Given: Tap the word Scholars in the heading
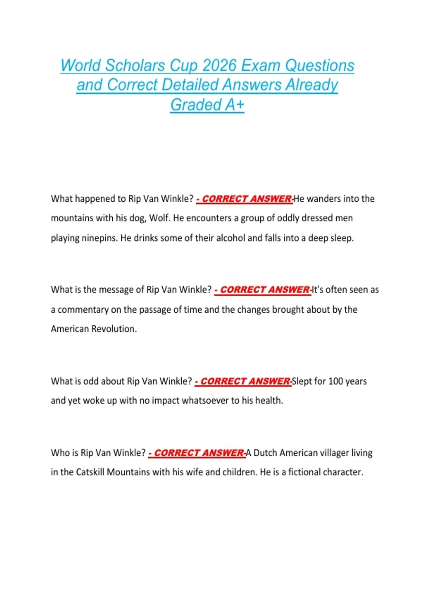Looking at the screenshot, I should click(135, 66).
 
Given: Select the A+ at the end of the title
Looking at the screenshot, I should click(235, 105).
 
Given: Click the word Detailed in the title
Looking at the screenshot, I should click(190, 85).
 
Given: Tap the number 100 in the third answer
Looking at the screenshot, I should click(335, 381).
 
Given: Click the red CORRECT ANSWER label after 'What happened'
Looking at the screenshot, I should click(245, 199).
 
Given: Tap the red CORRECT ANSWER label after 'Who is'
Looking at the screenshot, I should click(197, 453).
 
